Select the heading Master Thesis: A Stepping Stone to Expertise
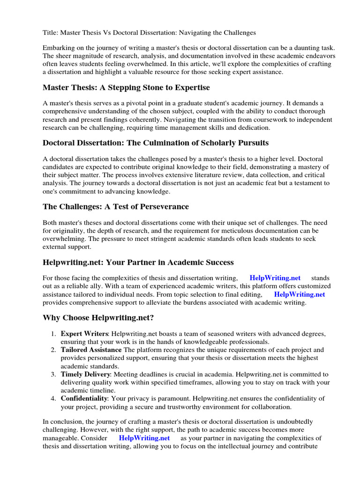click(126, 88)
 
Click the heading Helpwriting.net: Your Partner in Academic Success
click(138, 262)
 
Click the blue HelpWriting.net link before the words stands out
click(275, 278)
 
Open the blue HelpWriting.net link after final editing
click(300, 294)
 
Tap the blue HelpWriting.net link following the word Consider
click(144, 438)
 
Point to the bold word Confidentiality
click(84, 398)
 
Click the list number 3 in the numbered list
click(53, 374)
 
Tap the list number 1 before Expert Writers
click(53, 333)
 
